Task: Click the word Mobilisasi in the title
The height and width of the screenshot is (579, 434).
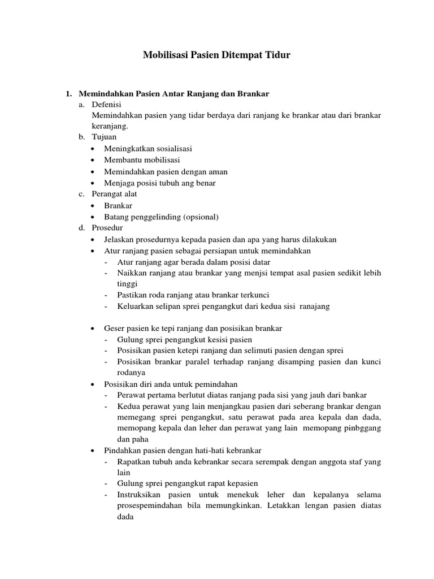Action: (167, 55)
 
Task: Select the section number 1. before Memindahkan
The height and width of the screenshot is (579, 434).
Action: (70, 93)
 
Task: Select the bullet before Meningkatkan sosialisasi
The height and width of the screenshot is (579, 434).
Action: (93, 149)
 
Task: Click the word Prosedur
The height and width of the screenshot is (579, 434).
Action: (107, 228)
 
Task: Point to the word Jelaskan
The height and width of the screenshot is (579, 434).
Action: (119, 239)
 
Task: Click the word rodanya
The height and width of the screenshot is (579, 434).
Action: (131, 373)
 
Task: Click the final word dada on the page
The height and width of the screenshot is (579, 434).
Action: (124, 516)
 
